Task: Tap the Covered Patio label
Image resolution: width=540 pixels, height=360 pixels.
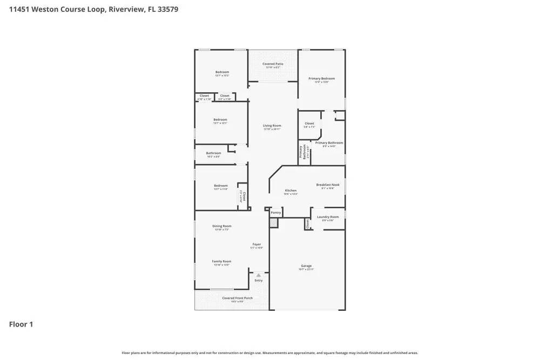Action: pos(273,64)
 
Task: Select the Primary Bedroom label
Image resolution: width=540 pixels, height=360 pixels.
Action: pos(321,78)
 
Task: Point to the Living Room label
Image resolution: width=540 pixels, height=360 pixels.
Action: pos(272,126)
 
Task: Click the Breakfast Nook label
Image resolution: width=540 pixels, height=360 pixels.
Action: pos(328,185)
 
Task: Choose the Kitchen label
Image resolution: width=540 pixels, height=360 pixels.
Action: pos(291,191)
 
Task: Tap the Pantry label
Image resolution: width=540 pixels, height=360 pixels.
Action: pos(276,213)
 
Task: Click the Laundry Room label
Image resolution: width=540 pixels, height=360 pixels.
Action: pos(328,217)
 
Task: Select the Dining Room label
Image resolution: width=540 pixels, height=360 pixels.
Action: pos(221,226)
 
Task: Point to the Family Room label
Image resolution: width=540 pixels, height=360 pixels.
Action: pos(221,261)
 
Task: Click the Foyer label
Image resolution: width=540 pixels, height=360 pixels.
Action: pos(256,244)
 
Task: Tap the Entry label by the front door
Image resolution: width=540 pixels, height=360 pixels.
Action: pos(259,280)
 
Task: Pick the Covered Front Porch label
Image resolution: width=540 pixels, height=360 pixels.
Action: pos(237,298)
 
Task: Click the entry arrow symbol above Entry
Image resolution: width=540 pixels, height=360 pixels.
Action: pos(259,275)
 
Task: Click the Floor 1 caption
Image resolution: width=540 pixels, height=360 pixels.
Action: pos(21,324)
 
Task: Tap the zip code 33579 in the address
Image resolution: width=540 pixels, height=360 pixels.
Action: pos(167,9)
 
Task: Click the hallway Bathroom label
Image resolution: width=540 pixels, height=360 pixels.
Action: pos(213,153)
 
